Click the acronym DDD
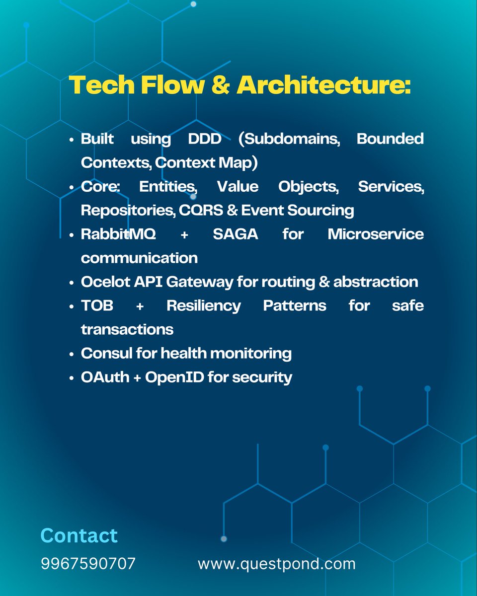(x=204, y=139)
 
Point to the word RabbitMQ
(x=118, y=234)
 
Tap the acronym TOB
(x=97, y=305)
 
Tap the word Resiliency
(x=203, y=305)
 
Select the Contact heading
(x=79, y=535)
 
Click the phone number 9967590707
(x=88, y=564)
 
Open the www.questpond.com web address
(x=276, y=564)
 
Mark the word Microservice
(x=376, y=234)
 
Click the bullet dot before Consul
(x=73, y=354)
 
